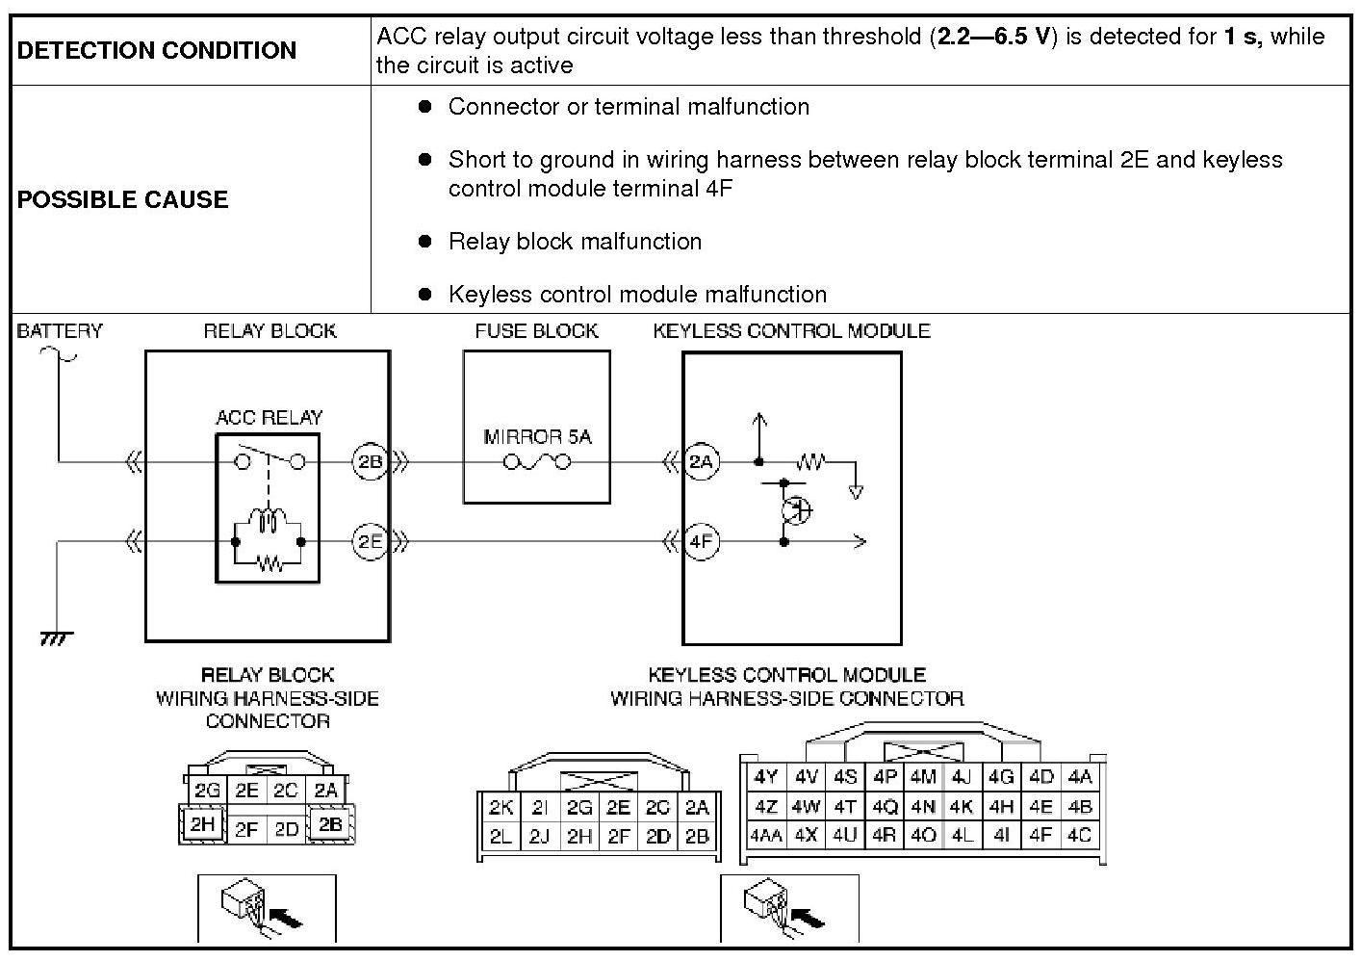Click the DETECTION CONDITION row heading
(156, 51)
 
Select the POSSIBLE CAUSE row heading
(122, 200)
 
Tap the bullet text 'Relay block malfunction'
(575, 242)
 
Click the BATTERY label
(59, 331)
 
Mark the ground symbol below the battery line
(57, 637)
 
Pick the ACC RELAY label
(269, 418)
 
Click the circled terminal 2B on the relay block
(371, 462)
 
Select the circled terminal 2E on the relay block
(371, 541)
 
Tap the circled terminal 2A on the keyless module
(702, 462)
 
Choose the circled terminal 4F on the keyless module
(702, 541)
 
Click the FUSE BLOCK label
(536, 331)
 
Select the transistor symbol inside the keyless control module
(796, 509)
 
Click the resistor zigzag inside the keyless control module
(811, 463)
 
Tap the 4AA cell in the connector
(765, 836)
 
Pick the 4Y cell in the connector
(765, 777)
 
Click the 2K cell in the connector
(501, 808)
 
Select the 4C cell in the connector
(1080, 836)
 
